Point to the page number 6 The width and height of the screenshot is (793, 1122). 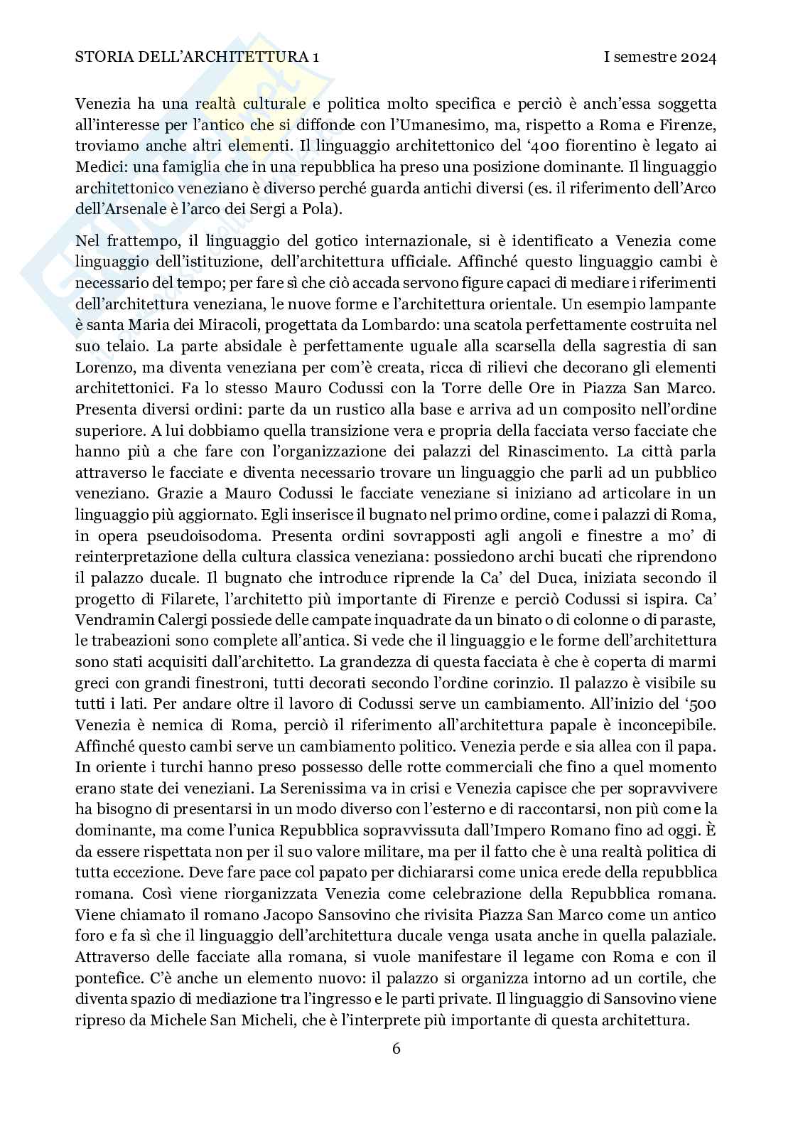click(x=396, y=1048)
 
